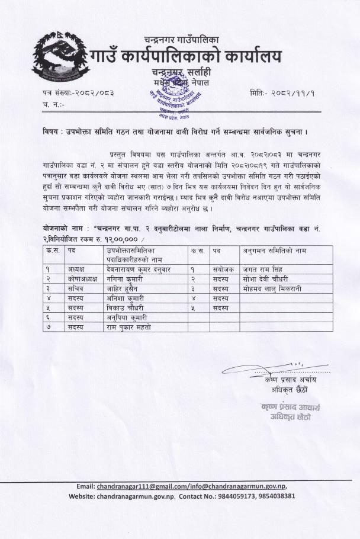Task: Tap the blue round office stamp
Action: point(172,94)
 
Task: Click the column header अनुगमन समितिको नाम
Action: point(275,251)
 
